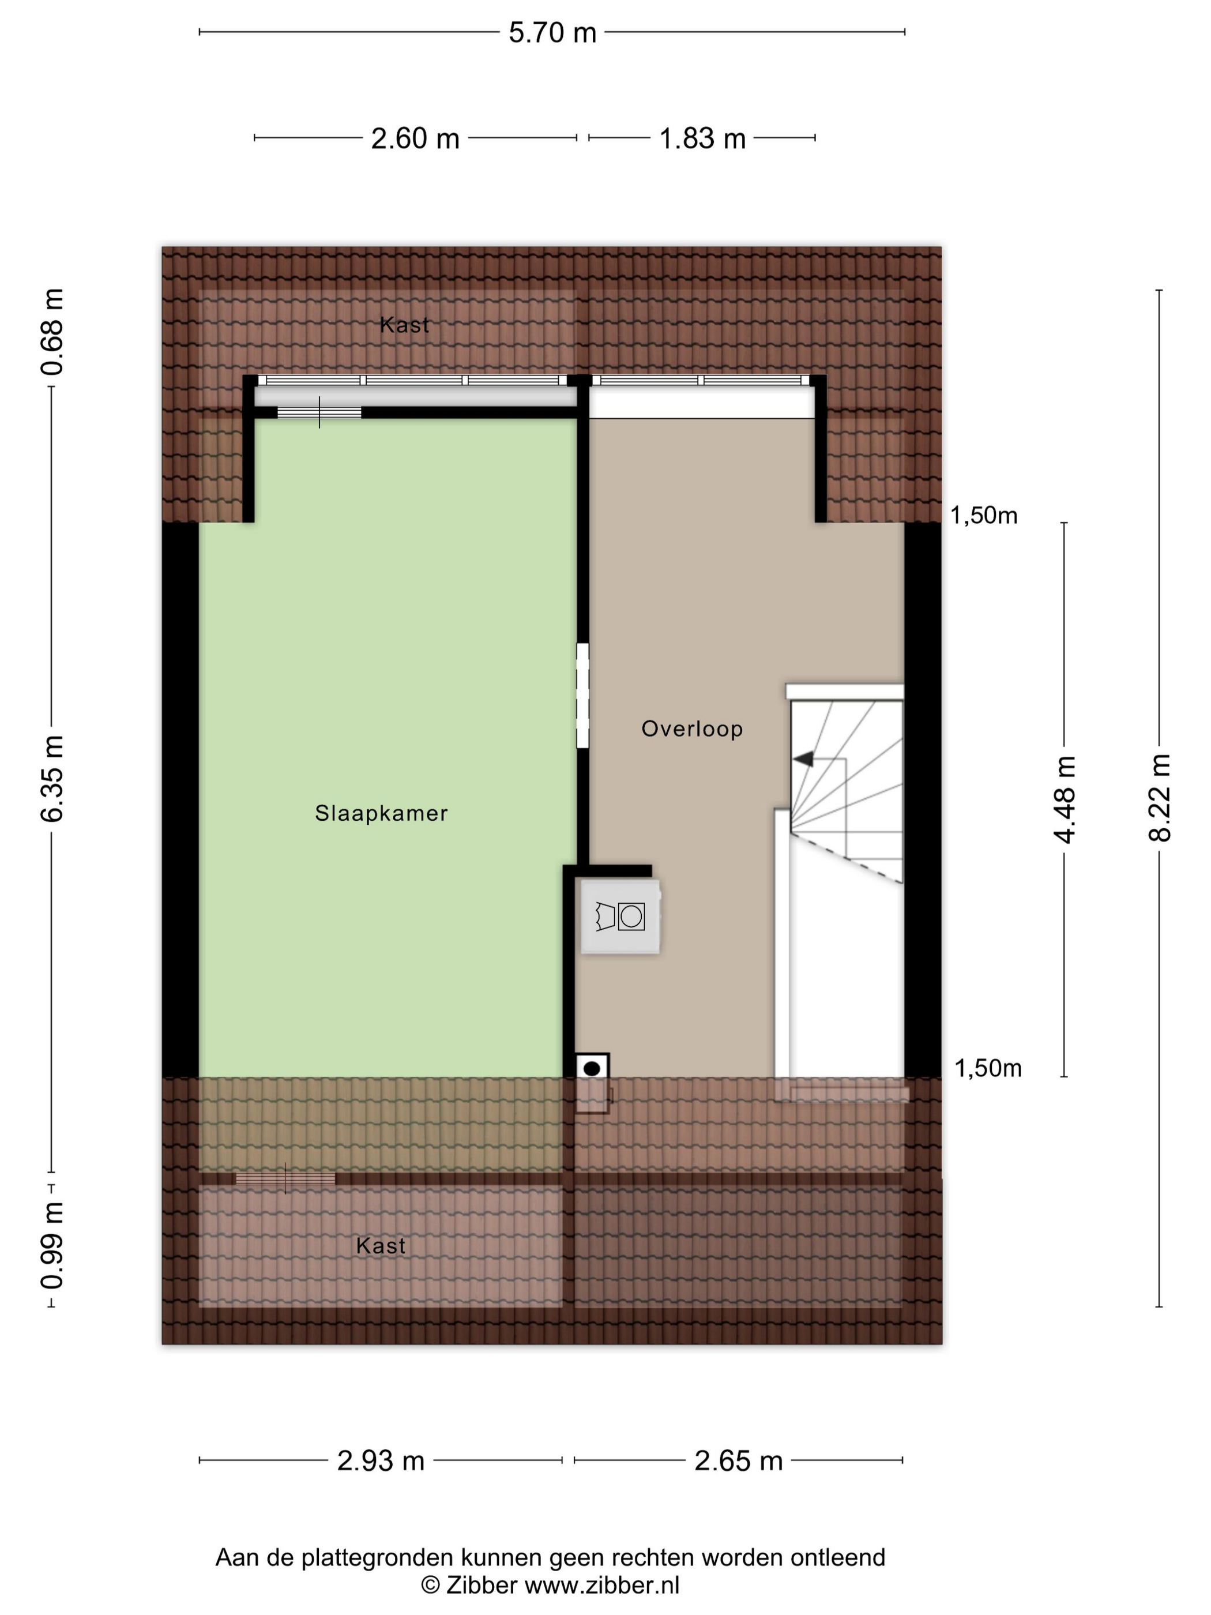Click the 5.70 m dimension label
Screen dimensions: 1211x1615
coord(552,33)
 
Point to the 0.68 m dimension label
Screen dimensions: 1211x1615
coord(52,332)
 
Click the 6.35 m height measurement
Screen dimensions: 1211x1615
coord(52,779)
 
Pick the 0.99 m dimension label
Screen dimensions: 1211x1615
coord(52,1245)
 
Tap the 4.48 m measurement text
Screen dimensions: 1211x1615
coord(1065,799)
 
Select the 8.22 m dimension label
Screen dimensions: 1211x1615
coord(1159,798)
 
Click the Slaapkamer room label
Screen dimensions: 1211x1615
coord(381,813)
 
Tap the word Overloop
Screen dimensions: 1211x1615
coord(692,728)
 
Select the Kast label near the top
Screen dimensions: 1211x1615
coord(404,325)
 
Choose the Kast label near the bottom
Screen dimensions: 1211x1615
coord(380,1245)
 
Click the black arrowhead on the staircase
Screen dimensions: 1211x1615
coord(803,759)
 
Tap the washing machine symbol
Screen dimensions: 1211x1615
coord(620,917)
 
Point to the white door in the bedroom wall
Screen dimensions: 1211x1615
coord(582,695)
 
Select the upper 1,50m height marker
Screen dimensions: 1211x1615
coord(983,516)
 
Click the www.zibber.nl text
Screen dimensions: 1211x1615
coord(602,1585)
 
